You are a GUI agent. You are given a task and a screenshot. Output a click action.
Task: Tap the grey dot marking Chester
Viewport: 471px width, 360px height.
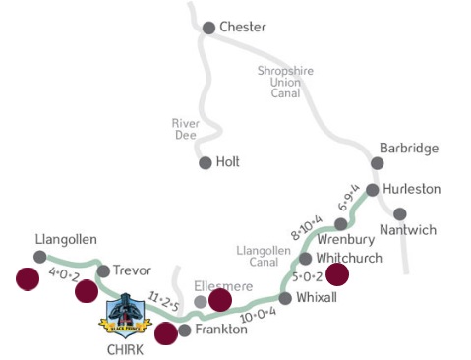coord(208,28)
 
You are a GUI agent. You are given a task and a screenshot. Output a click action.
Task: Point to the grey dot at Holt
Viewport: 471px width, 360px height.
coord(205,163)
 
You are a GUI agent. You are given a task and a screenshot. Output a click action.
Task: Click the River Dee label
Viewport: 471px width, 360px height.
coord(187,130)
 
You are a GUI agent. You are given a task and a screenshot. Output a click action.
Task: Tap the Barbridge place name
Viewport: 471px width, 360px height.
coord(409,148)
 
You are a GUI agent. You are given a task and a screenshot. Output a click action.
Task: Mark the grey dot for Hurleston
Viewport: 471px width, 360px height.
coord(373,190)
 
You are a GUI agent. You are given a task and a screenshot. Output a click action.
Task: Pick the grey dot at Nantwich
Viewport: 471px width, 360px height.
coord(400,213)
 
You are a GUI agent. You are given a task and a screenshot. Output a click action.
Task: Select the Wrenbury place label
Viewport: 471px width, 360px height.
coord(341,239)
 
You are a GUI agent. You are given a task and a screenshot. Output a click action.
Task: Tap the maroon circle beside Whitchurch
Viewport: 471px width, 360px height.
coord(337,274)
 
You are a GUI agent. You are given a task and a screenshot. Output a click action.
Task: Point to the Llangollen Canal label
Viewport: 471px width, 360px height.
coord(264,258)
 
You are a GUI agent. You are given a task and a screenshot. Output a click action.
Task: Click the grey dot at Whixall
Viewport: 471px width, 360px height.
coord(286,297)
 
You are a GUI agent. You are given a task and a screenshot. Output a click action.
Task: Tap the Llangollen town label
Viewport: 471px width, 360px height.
coord(66,238)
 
